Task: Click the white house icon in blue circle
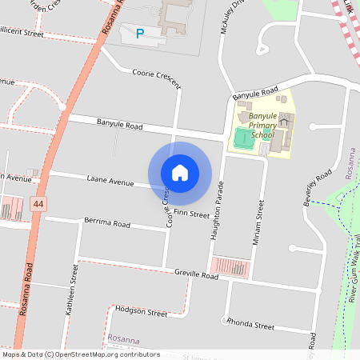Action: pyautogui.click(x=180, y=173)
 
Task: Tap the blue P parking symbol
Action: pyautogui.click(x=140, y=34)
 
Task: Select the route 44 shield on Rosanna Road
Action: pyautogui.click(x=38, y=205)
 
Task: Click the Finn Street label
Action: pyautogui.click(x=190, y=214)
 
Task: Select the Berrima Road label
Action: pyautogui.click(x=106, y=224)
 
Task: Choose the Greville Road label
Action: pyautogui.click(x=196, y=274)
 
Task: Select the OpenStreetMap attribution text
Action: pyautogui.click(x=80, y=354)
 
